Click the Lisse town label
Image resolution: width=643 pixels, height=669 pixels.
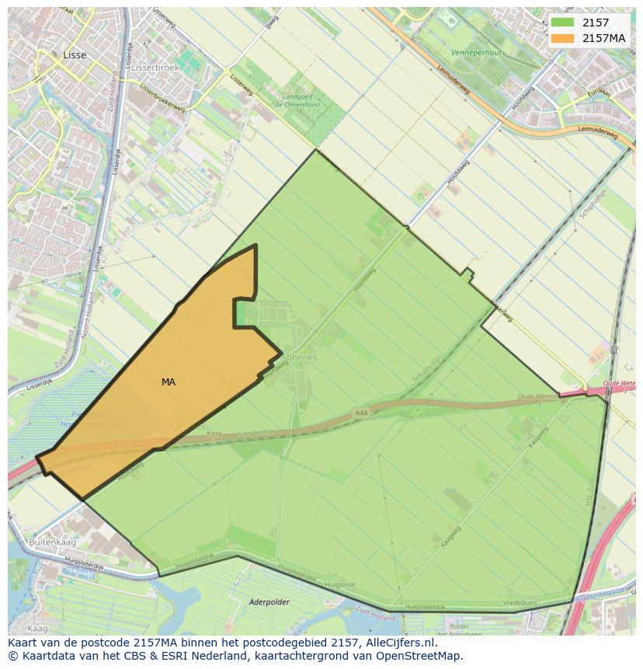point(75,55)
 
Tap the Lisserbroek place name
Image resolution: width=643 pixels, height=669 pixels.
point(155,68)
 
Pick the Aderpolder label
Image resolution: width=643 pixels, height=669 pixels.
point(269,601)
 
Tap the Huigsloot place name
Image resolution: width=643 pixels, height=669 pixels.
point(340,583)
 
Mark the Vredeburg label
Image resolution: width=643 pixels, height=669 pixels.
point(520,603)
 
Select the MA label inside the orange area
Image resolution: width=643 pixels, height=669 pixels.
point(169,382)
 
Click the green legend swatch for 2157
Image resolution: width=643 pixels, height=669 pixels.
point(563,23)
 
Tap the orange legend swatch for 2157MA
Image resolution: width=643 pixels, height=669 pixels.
point(563,38)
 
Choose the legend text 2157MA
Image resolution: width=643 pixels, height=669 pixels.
point(603,38)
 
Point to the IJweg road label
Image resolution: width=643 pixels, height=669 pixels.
point(271,24)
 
